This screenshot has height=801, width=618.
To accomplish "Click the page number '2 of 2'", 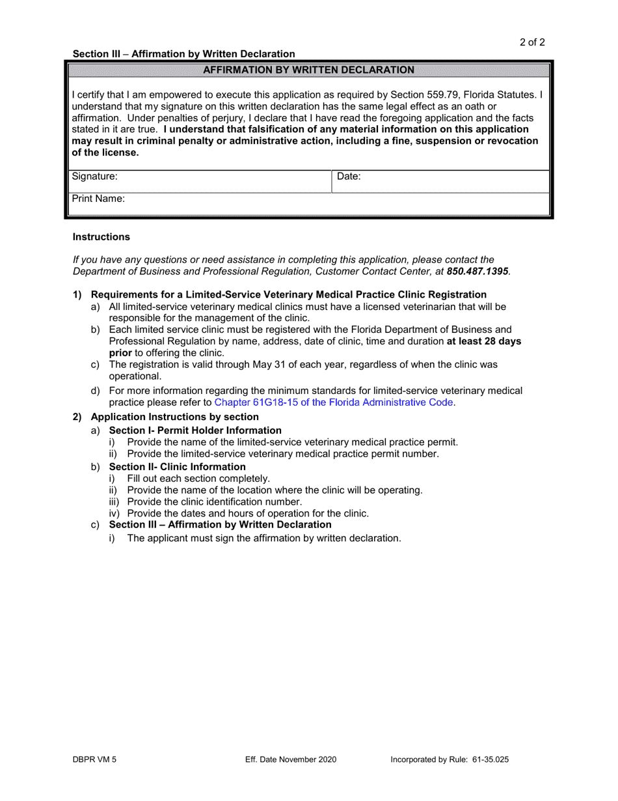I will [x=531, y=43].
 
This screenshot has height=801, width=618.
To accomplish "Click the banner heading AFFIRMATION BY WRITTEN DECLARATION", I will [x=308, y=70].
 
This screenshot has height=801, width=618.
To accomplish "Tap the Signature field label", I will [x=94, y=176].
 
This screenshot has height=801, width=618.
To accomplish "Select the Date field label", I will [x=349, y=176].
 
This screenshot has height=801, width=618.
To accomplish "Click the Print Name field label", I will [x=98, y=199].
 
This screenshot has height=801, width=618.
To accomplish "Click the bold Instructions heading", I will [x=101, y=237].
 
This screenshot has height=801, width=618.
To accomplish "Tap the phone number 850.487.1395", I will [x=477, y=271].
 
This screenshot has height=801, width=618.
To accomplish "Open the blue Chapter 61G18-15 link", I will [x=334, y=402].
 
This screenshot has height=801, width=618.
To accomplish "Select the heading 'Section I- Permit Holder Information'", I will [x=195, y=430].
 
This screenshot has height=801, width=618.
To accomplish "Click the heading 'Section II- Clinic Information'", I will [x=177, y=467].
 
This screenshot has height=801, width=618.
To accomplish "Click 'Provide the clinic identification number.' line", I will [x=215, y=502].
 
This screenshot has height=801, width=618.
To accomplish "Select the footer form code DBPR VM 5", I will [x=95, y=759].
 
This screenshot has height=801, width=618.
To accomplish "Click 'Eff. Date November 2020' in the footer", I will [x=291, y=759].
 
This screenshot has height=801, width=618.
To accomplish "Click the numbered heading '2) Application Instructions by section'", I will [x=174, y=417].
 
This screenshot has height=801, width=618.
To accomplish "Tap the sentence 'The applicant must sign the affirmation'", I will [x=264, y=539].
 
